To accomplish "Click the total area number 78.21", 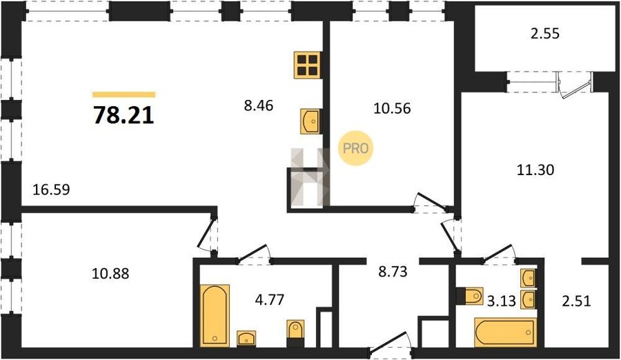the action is (x=124, y=116).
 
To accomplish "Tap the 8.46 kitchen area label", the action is (x=259, y=106).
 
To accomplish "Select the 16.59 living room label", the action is (x=52, y=189).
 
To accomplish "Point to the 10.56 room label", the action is (x=392, y=108).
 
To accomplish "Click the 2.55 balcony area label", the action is (x=545, y=34).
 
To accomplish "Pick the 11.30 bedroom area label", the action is (x=535, y=170).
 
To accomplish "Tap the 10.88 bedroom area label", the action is (x=110, y=273).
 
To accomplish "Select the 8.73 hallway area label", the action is (x=393, y=272).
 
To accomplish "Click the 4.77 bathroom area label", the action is (x=269, y=299).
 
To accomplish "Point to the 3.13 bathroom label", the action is (x=502, y=301).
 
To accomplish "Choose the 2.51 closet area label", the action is (x=577, y=301).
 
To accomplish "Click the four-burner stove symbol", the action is (x=307, y=65).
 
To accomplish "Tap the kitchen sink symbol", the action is (x=310, y=121).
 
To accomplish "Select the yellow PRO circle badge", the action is (x=355, y=148).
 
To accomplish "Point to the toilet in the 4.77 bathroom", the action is (x=295, y=330).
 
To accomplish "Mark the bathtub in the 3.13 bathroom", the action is (x=506, y=332).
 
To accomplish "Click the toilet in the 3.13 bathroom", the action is (x=470, y=296).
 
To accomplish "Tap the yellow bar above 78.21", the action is (x=124, y=94).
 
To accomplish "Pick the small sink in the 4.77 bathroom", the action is (x=246, y=339).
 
